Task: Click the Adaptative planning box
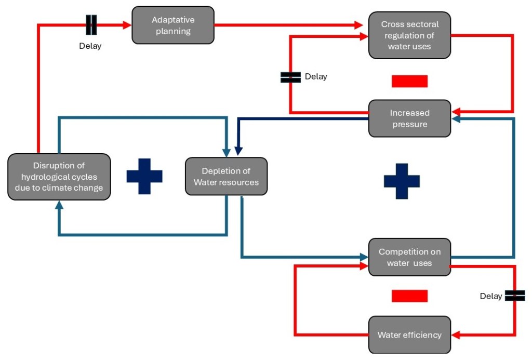(x=173, y=25)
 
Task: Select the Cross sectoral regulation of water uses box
(x=409, y=35)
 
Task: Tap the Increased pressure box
(x=409, y=118)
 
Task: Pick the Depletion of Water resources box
(x=226, y=177)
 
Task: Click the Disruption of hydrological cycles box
(x=59, y=177)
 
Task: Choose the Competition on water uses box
(x=409, y=257)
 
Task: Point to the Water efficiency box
(x=409, y=335)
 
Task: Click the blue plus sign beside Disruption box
(x=144, y=176)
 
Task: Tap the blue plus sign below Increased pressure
(x=402, y=181)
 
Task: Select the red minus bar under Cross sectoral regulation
(x=409, y=82)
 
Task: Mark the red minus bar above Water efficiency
(x=409, y=296)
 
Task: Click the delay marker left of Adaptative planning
(x=91, y=24)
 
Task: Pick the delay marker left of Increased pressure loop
(x=290, y=77)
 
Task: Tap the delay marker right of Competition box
(x=514, y=296)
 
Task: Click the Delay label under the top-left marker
(x=90, y=46)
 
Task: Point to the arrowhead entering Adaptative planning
(x=126, y=24)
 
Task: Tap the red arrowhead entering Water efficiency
(x=455, y=335)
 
